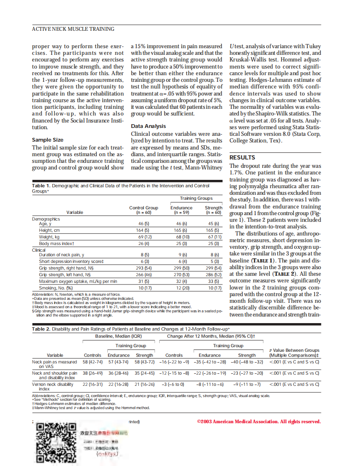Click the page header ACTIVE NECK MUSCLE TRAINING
tap(73, 29)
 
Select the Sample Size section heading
tap(48, 140)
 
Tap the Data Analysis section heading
tap(148, 126)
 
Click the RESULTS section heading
tap(242, 157)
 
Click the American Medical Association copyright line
tap(259, 422)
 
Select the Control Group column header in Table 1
tap(143, 210)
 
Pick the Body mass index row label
tap(57, 243)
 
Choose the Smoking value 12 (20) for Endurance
tap(182, 288)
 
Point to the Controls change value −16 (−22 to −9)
tap(174, 362)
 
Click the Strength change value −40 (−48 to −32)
tap(247, 362)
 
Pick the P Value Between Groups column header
tap(294, 353)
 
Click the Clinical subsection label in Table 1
tap(39, 250)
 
